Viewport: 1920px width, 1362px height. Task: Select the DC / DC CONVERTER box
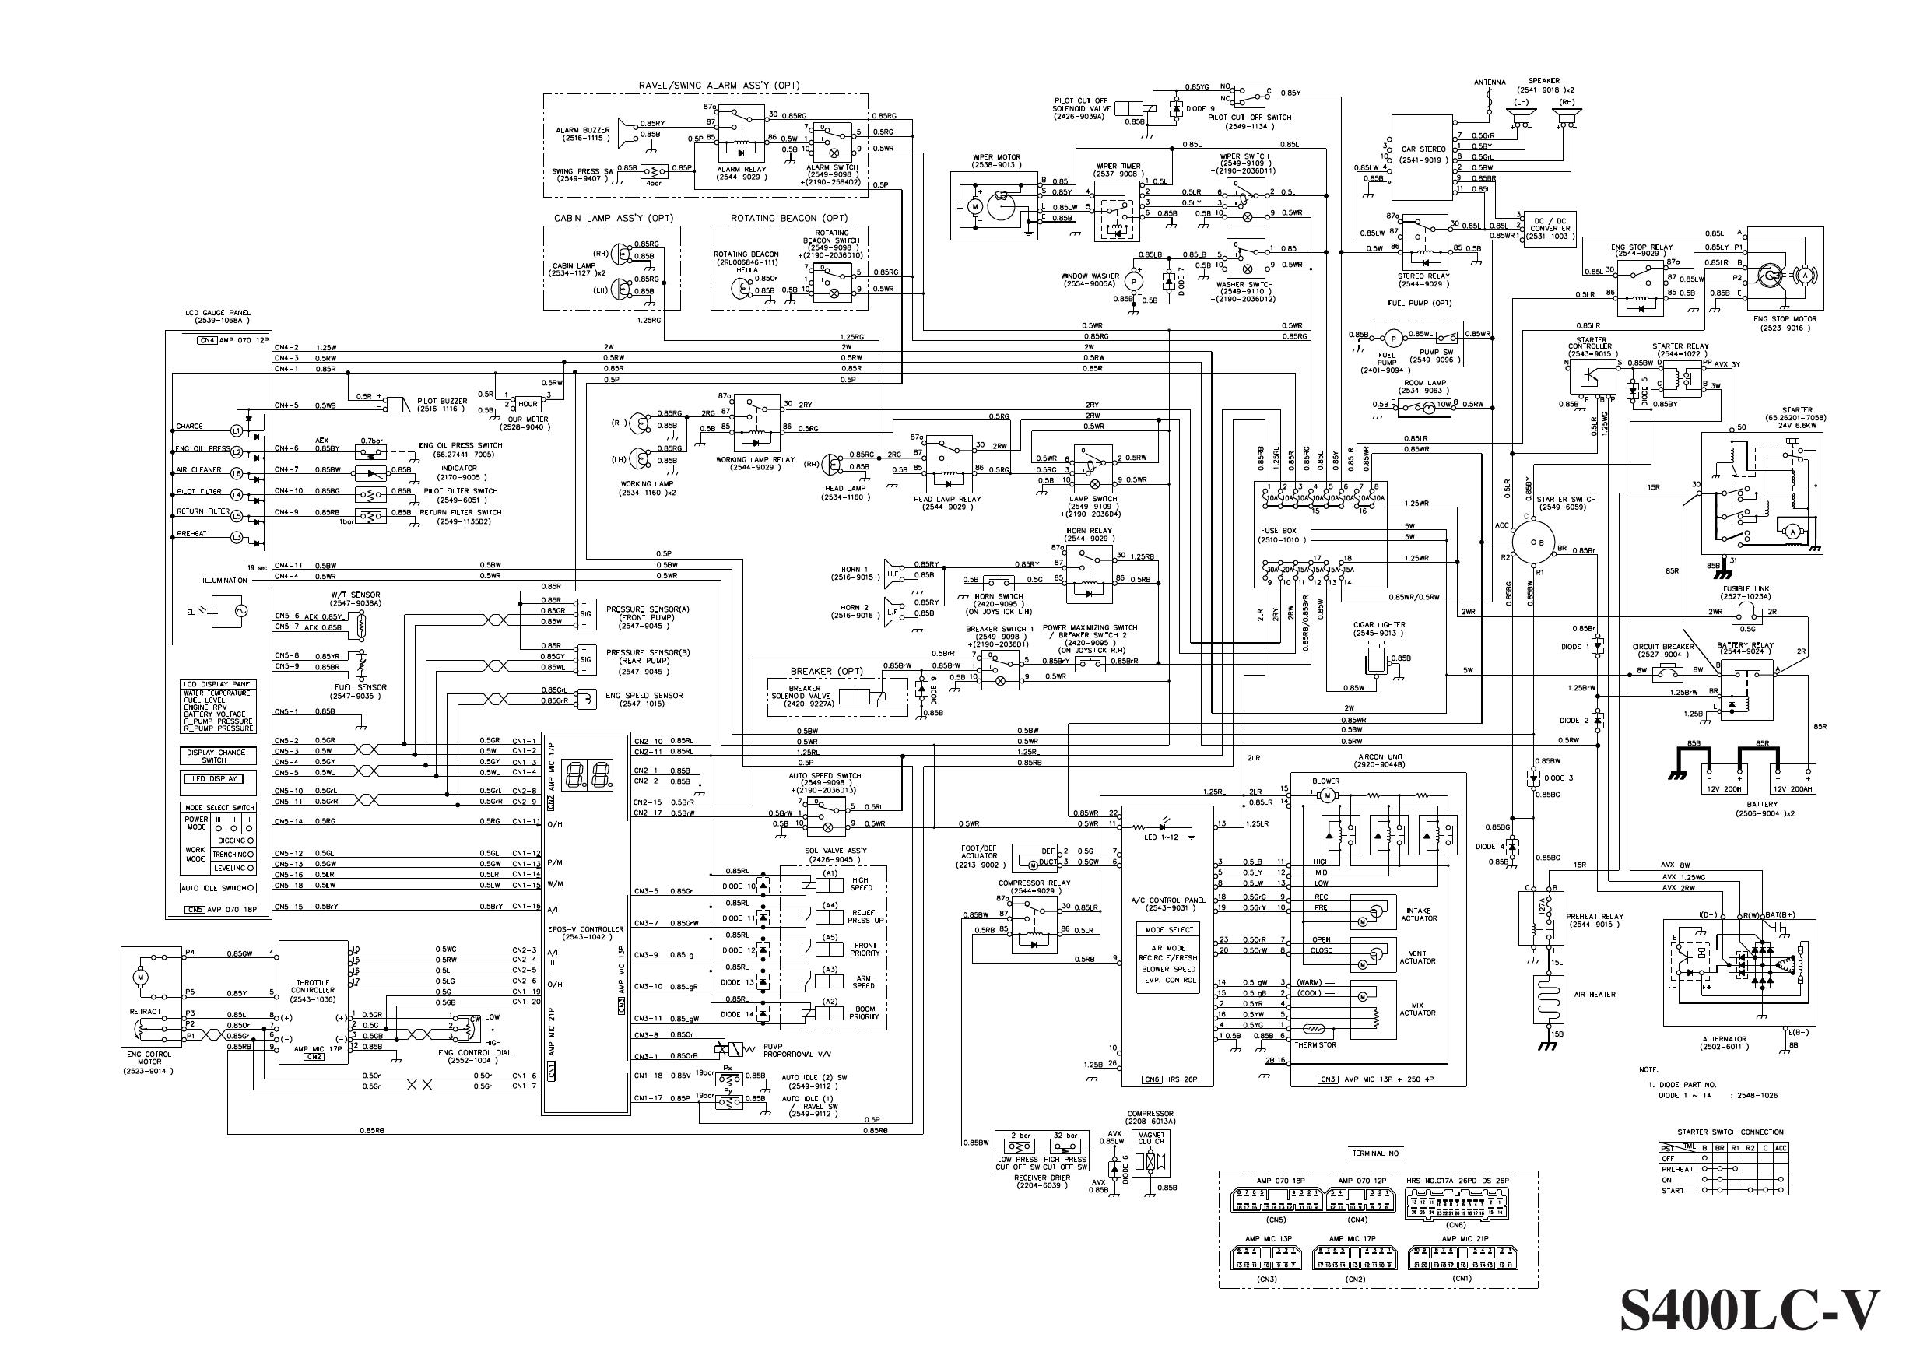(x=1550, y=228)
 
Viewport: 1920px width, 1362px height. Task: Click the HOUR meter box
(x=528, y=403)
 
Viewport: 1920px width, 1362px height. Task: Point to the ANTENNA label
(x=1490, y=83)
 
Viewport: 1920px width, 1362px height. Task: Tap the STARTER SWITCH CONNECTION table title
(x=1729, y=1132)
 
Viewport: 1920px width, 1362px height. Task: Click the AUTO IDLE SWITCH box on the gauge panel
(x=217, y=888)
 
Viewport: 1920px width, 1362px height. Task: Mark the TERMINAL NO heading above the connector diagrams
(x=1375, y=1154)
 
